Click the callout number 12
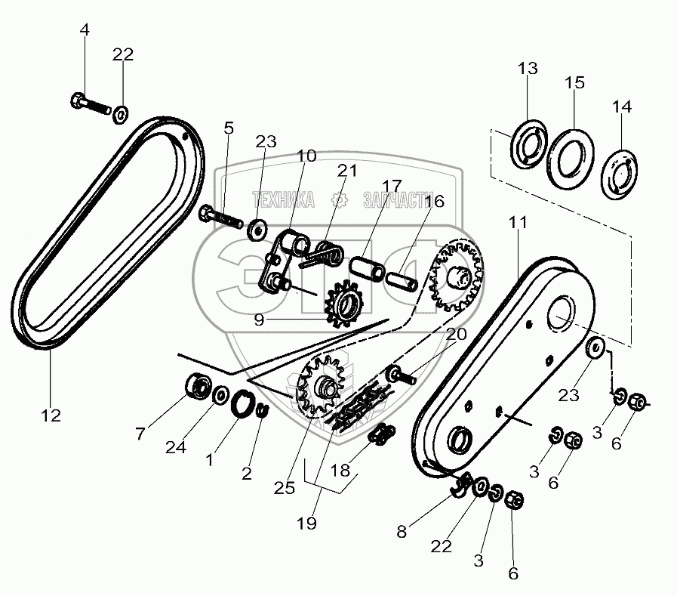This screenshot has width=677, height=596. [x=52, y=415]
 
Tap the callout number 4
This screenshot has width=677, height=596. [x=85, y=30]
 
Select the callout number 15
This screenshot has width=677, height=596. [x=575, y=82]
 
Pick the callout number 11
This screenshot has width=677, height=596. [x=519, y=223]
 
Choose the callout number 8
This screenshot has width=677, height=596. [x=402, y=531]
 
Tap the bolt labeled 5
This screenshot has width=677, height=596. [x=220, y=219]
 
